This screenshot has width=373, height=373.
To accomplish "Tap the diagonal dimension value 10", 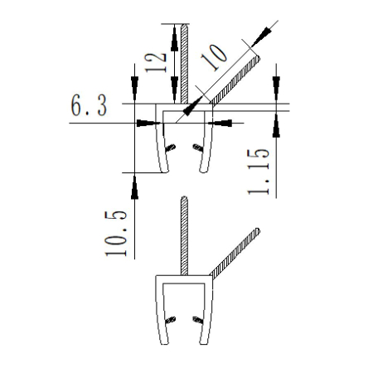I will pyautogui.click(x=213, y=56).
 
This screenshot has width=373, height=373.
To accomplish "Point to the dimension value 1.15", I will pyautogui.click(x=259, y=172).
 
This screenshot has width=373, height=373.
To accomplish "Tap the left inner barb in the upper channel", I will pyautogui.click(x=172, y=148).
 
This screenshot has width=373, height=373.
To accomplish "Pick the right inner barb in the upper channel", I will pyautogui.click(x=197, y=148).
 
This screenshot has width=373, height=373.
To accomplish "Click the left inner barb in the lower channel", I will pyautogui.click(x=172, y=320).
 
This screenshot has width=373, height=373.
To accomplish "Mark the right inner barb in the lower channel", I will pyautogui.click(x=196, y=320).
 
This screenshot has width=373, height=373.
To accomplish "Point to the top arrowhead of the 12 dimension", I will pyautogui.click(x=174, y=31).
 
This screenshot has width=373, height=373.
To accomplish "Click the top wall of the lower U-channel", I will pyautogui.click(x=184, y=276).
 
